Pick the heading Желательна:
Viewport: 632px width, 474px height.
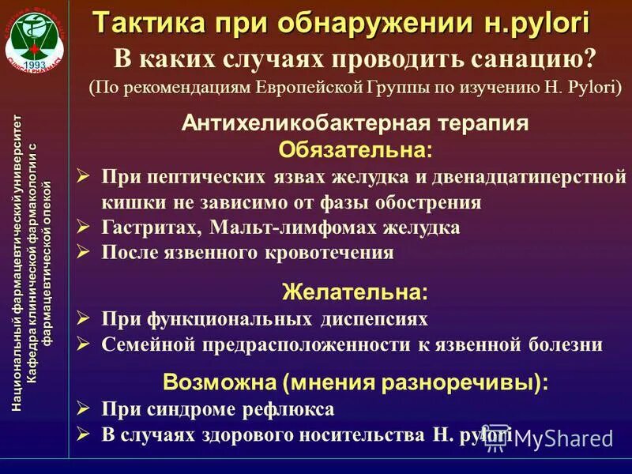(x=355, y=292)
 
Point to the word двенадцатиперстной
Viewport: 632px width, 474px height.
(x=537, y=175)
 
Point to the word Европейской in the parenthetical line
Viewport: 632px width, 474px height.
(x=299, y=86)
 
